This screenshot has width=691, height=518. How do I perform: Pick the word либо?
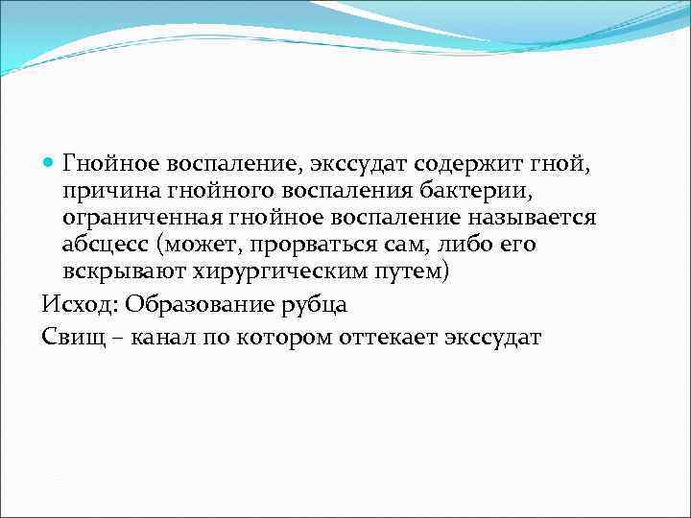pyautogui.click(x=454, y=245)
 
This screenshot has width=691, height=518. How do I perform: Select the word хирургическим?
pyautogui.click(x=277, y=272)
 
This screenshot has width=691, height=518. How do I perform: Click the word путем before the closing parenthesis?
pyautogui.click(x=407, y=272)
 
